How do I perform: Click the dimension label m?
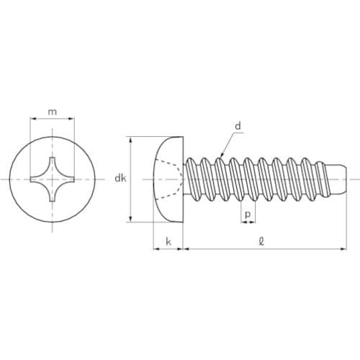tap(53, 112)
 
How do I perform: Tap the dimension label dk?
tap(120, 179)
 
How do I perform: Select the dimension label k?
tap(168, 242)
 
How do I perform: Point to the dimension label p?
tap(248, 215)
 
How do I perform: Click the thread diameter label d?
tap(238, 126)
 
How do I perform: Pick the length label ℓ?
tap(261, 241)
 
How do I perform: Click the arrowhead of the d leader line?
tap(222, 155)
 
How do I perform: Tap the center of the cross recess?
tap(53, 179)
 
